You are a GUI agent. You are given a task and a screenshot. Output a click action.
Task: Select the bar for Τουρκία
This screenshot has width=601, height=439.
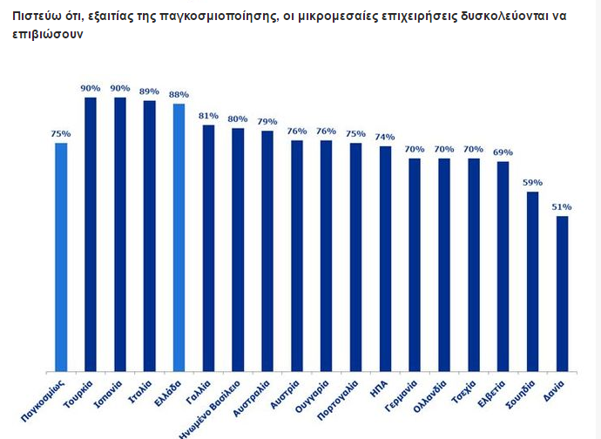[x=91, y=235]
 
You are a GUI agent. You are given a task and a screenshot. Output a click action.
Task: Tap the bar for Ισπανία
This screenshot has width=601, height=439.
[x=120, y=235]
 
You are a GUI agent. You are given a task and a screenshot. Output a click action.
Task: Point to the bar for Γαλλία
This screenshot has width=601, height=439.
[x=208, y=248]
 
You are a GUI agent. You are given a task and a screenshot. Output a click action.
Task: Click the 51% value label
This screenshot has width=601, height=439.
[x=562, y=207]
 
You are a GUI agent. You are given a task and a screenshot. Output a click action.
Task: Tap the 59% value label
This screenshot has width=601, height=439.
[x=532, y=183]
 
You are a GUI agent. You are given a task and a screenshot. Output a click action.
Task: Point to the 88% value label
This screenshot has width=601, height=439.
[x=179, y=95]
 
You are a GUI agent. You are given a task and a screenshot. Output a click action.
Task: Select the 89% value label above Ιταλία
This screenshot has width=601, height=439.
[x=149, y=91]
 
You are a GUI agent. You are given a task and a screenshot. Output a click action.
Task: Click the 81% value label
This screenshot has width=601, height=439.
[x=208, y=116]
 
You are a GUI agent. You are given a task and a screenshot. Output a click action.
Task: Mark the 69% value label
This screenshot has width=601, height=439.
[x=503, y=152]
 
